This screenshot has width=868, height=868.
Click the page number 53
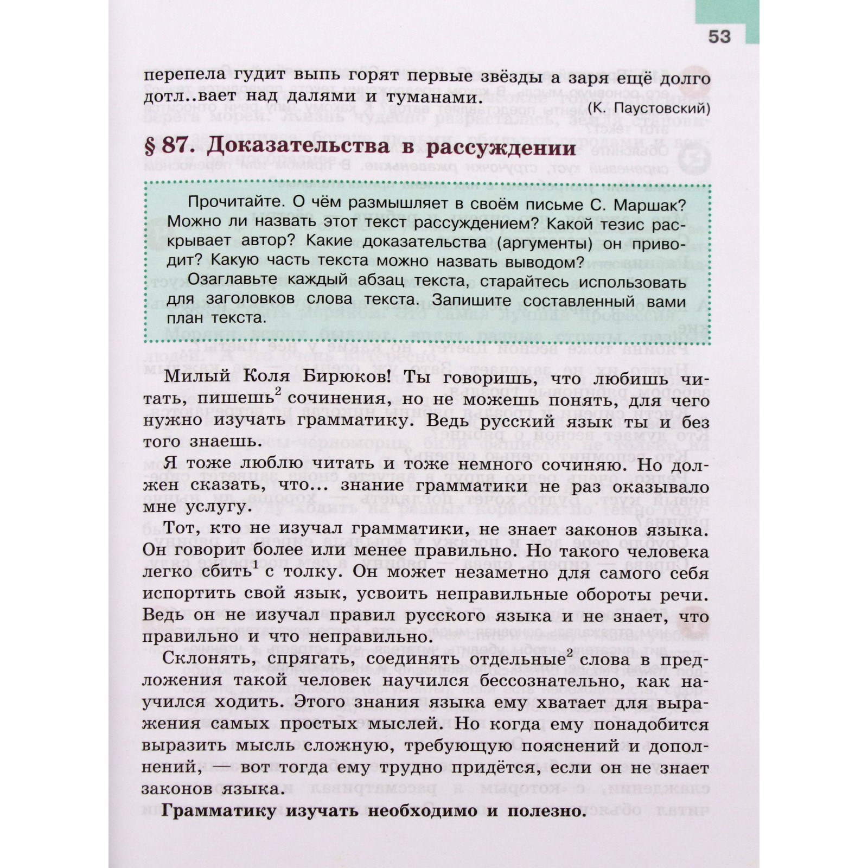tap(719, 37)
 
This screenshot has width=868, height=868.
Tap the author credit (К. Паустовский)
tap(648, 108)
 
